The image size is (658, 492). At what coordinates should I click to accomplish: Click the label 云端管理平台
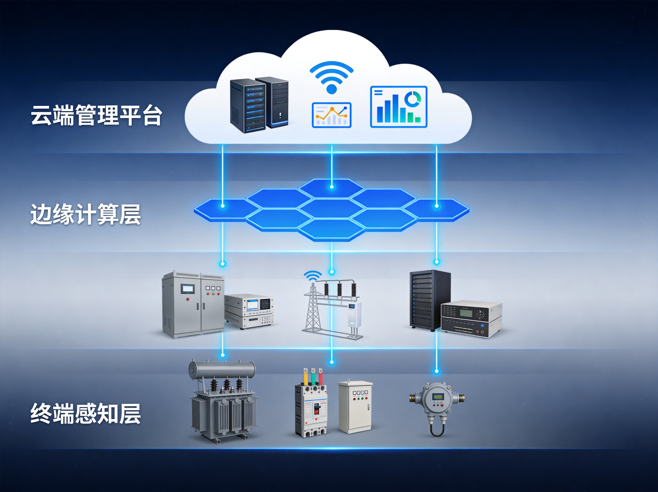(97, 115)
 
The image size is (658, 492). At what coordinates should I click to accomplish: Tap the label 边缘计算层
(85, 214)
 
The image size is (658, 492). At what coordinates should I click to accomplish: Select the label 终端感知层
(85, 414)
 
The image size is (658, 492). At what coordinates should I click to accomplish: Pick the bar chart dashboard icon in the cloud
(399, 107)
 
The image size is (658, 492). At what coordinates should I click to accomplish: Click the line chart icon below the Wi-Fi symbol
(331, 115)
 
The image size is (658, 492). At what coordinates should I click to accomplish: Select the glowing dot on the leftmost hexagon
(223, 206)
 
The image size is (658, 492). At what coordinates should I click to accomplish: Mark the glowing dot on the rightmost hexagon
(436, 206)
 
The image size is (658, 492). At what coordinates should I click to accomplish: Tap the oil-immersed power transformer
(223, 401)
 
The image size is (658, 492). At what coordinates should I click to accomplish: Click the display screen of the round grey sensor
(438, 397)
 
